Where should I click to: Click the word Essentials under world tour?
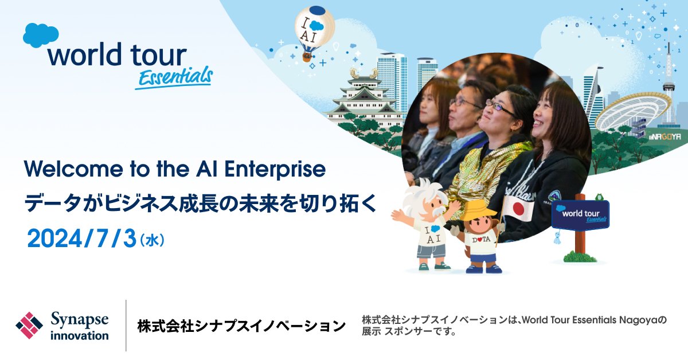(x=174, y=77)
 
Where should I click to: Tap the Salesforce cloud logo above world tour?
(x=41, y=36)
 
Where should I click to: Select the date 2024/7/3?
(x=81, y=238)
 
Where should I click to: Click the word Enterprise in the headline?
(x=275, y=169)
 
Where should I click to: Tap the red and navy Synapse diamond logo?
(x=29, y=325)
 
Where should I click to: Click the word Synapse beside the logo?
(x=80, y=320)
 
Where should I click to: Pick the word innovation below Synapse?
(x=80, y=335)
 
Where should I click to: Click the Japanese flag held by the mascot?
(x=519, y=209)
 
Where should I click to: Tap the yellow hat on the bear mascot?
(x=479, y=210)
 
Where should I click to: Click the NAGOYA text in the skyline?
(x=665, y=136)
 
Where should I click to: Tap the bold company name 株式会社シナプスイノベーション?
(x=241, y=326)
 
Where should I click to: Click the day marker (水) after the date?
(x=152, y=240)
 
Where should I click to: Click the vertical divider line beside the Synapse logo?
(x=126, y=325)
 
